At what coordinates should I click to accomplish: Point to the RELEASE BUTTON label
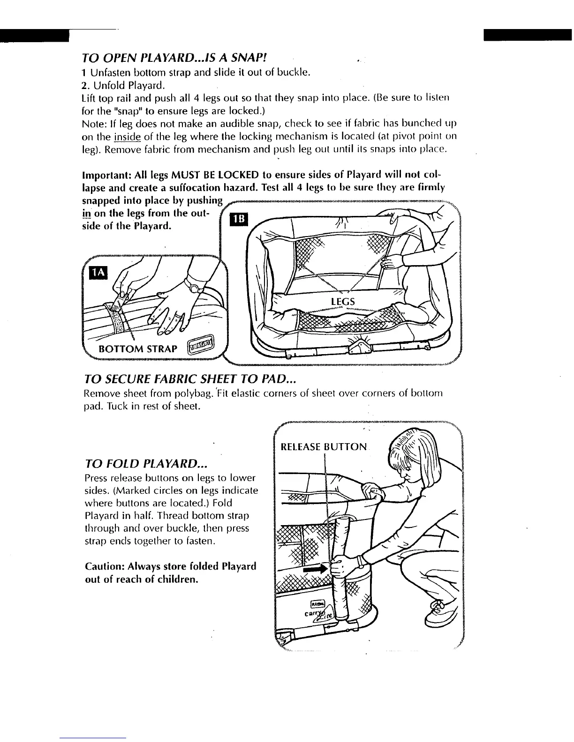(x=324, y=446)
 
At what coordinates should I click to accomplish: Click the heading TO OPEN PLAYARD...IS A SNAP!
(x=174, y=58)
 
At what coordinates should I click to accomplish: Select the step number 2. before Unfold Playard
(x=85, y=85)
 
